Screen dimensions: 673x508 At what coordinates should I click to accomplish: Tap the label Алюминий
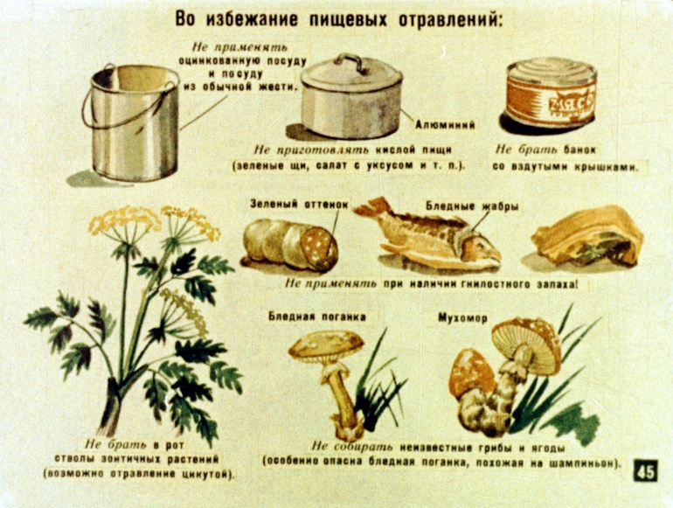point(445,125)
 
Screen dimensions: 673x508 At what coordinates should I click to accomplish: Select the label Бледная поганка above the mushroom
point(317,317)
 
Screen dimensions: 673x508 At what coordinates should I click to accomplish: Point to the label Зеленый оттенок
point(299,204)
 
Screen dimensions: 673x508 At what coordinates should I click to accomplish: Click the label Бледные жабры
point(472,206)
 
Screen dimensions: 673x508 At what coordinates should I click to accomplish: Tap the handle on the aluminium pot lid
point(351,61)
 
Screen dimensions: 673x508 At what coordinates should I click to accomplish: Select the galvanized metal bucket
point(129,122)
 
